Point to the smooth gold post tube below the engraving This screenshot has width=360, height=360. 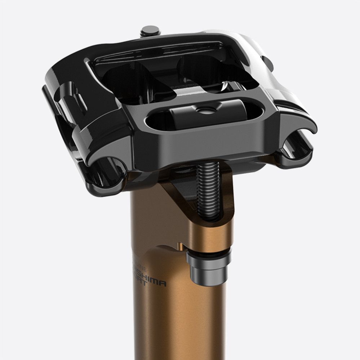coord(173,324)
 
